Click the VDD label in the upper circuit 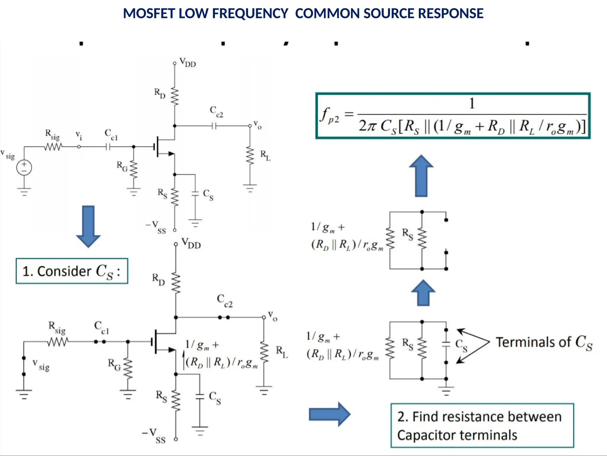pyautogui.click(x=188, y=63)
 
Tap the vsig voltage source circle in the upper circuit pyautogui.click(x=24, y=167)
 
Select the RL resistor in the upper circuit pyautogui.click(x=250, y=155)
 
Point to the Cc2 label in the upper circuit pyautogui.click(x=216, y=112)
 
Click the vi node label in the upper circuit pyautogui.click(x=79, y=135)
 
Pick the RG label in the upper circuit pyautogui.click(x=122, y=166)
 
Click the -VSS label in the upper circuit pyautogui.click(x=156, y=227)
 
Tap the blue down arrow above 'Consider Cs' pyautogui.click(x=88, y=226)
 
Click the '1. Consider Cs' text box pyautogui.click(x=72, y=271)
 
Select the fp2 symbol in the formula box pyautogui.click(x=329, y=115)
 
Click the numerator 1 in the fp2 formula pyautogui.click(x=472, y=104)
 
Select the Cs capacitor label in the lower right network pyautogui.click(x=461, y=345)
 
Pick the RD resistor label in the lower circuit pyautogui.click(x=158, y=279)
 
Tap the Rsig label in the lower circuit pyautogui.click(x=57, y=327)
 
